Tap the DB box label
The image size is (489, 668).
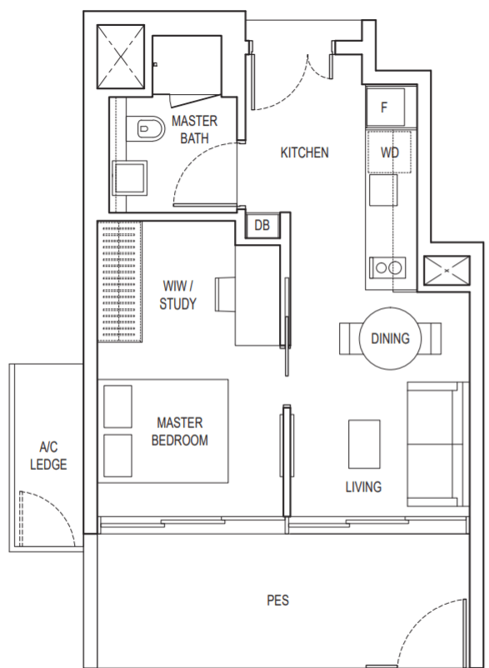[262, 226]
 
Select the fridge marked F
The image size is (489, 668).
[385, 107]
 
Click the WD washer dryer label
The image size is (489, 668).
[390, 152]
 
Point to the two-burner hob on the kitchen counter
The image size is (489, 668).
[387, 267]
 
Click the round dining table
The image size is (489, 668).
[390, 338]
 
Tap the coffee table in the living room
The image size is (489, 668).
[364, 444]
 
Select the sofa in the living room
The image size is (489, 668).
[437, 444]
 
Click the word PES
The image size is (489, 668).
[277, 601]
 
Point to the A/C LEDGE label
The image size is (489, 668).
[48, 456]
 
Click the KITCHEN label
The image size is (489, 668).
[305, 152]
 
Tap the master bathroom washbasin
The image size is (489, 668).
[129, 178]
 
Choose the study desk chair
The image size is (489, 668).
[225, 294]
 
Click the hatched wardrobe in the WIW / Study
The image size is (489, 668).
[120, 282]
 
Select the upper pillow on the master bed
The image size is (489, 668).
[117, 406]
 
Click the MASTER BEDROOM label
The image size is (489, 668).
[180, 431]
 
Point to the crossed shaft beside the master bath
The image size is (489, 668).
[121, 57]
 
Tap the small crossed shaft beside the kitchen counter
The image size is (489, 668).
[447, 271]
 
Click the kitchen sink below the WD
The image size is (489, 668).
[383, 190]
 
